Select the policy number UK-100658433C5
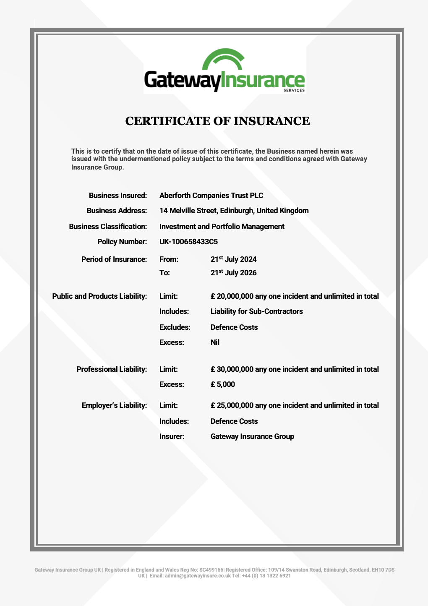pos(188,242)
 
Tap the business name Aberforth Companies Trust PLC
pos(211,196)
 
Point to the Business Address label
pos(117,211)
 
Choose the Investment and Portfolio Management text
pos(222,227)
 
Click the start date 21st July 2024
pos(233,259)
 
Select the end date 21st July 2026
pos(233,273)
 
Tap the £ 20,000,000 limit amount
pos(232,296)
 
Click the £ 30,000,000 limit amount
pos(232,369)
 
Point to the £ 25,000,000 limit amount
pos(232,405)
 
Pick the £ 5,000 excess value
pos(223,384)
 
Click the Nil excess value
pos(215,342)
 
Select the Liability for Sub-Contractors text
pos(256,311)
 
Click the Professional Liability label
pos(112,369)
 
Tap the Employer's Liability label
pos(114,405)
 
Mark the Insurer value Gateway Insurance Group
pos(252,436)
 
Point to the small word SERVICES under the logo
pos(294,91)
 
